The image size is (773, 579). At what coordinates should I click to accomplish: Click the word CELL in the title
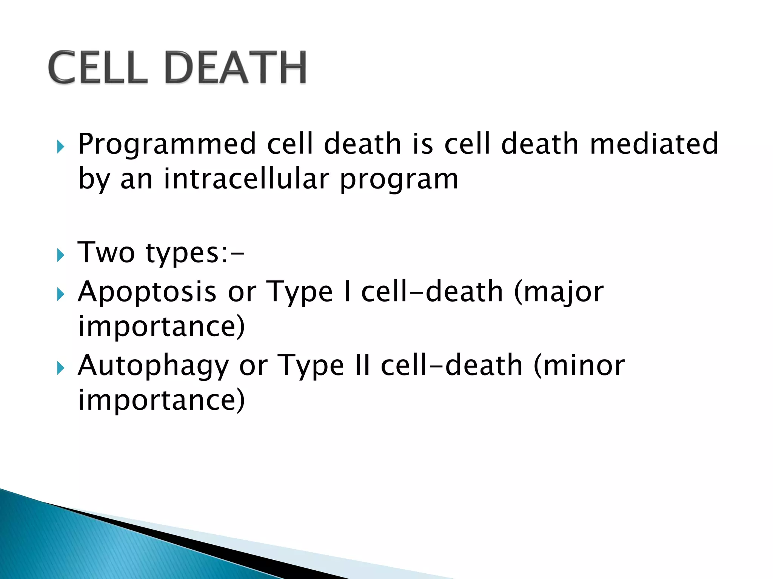[x=97, y=68]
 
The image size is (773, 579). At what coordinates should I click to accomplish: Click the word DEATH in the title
[x=236, y=68]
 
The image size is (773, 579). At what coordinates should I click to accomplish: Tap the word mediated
[x=654, y=144]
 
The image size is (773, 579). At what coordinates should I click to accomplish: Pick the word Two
[x=106, y=252]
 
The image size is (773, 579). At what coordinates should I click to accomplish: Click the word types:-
[x=195, y=254]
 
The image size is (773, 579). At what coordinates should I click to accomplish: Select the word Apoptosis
[x=147, y=293]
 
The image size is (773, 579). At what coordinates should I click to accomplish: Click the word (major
[x=559, y=293]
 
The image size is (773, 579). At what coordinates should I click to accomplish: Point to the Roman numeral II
[x=362, y=366]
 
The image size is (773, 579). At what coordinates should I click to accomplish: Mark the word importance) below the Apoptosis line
[x=162, y=326]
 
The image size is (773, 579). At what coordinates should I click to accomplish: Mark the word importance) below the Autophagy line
[x=162, y=400]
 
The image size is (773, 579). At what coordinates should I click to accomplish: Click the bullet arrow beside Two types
[x=60, y=256]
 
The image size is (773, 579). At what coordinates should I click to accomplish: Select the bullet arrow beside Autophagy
[x=60, y=368]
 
